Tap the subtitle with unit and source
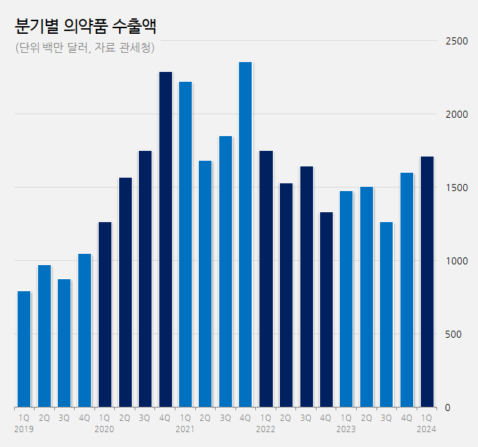click(x=84, y=48)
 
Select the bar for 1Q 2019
click(x=24, y=349)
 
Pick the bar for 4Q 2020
click(x=165, y=240)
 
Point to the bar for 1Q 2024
click(x=427, y=282)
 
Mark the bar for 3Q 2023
click(x=386, y=314)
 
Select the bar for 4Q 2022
click(x=326, y=310)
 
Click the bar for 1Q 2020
click(x=104, y=314)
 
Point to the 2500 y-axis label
click(x=457, y=41)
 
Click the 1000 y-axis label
click(x=457, y=261)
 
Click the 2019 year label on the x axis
click(x=24, y=429)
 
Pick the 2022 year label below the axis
click(x=265, y=429)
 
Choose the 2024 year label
click(x=427, y=429)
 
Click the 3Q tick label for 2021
click(x=226, y=418)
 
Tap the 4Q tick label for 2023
click(x=407, y=418)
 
